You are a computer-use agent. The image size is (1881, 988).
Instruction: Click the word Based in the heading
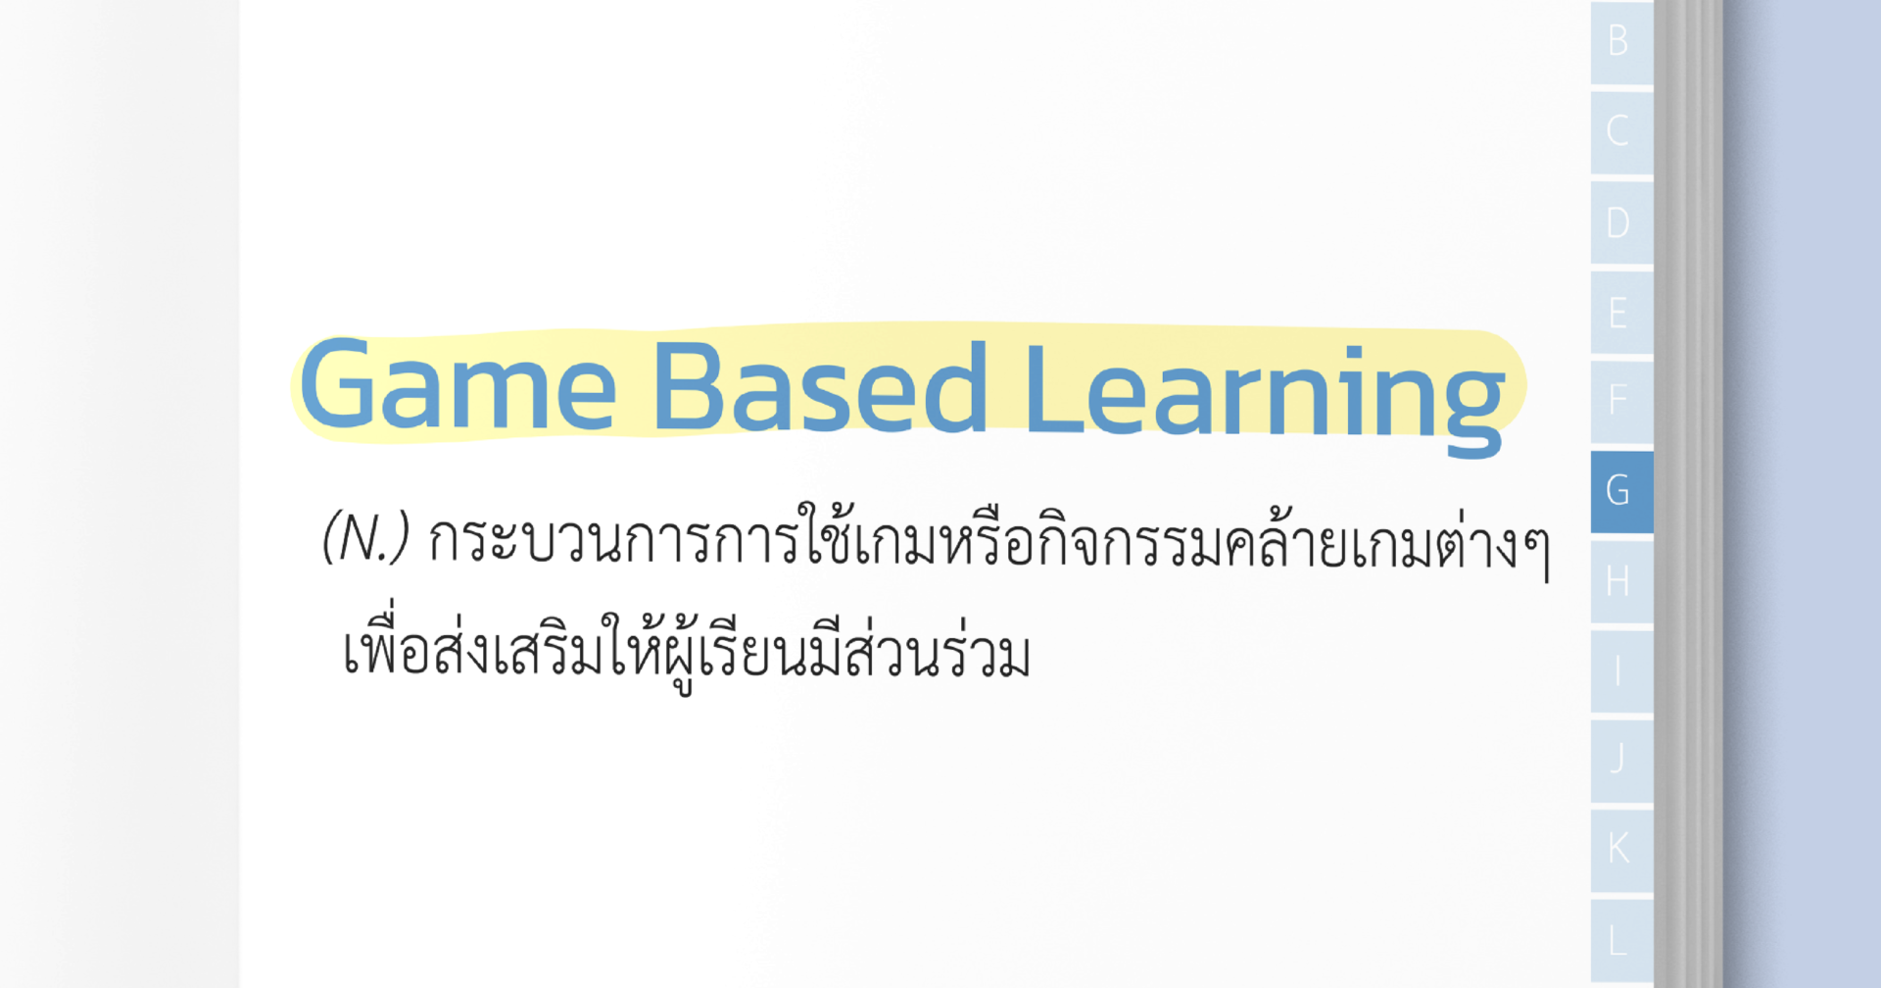point(819,387)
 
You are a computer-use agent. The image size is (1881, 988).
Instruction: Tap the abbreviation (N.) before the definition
point(365,537)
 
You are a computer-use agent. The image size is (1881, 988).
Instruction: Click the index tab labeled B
point(1620,41)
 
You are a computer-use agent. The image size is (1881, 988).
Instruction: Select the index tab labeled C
point(1620,131)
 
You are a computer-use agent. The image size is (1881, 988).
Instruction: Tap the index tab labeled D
point(1620,222)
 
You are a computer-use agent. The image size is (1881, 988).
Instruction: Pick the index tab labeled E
point(1620,313)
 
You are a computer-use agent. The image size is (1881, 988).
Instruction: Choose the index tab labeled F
point(1620,400)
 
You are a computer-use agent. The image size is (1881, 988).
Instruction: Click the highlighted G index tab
point(1620,490)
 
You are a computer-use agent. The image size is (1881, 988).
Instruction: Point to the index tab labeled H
point(1620,581)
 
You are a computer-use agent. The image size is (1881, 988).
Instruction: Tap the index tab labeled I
point(1620,671)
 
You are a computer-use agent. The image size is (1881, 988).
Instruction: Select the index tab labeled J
point(1620,759)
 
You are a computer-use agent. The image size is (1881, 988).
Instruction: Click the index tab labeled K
point(1620,848)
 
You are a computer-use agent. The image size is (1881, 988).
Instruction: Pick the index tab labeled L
point(1620,939)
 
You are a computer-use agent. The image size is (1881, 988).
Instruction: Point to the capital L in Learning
point(1051,389)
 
